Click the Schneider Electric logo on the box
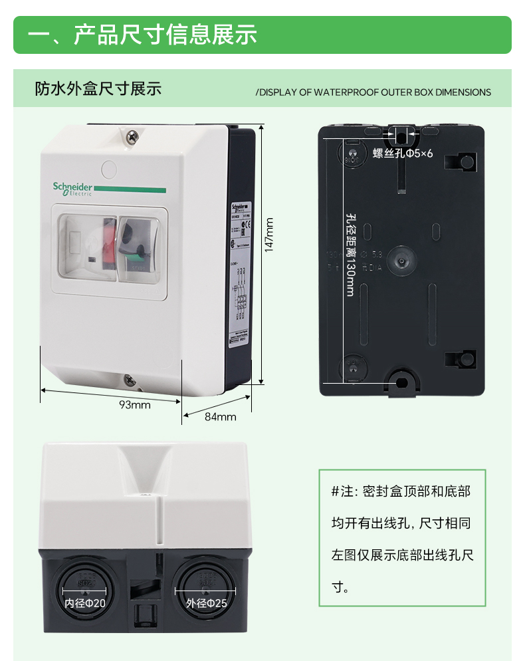click(x=72, y=189)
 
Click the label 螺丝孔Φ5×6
click(x=403, y=154)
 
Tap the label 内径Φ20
click(x=84, y=604)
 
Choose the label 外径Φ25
click(x=206, y=604)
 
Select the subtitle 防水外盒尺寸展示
click(x=98, y=89)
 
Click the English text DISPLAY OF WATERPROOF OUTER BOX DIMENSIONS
click(x=374, y=92)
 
